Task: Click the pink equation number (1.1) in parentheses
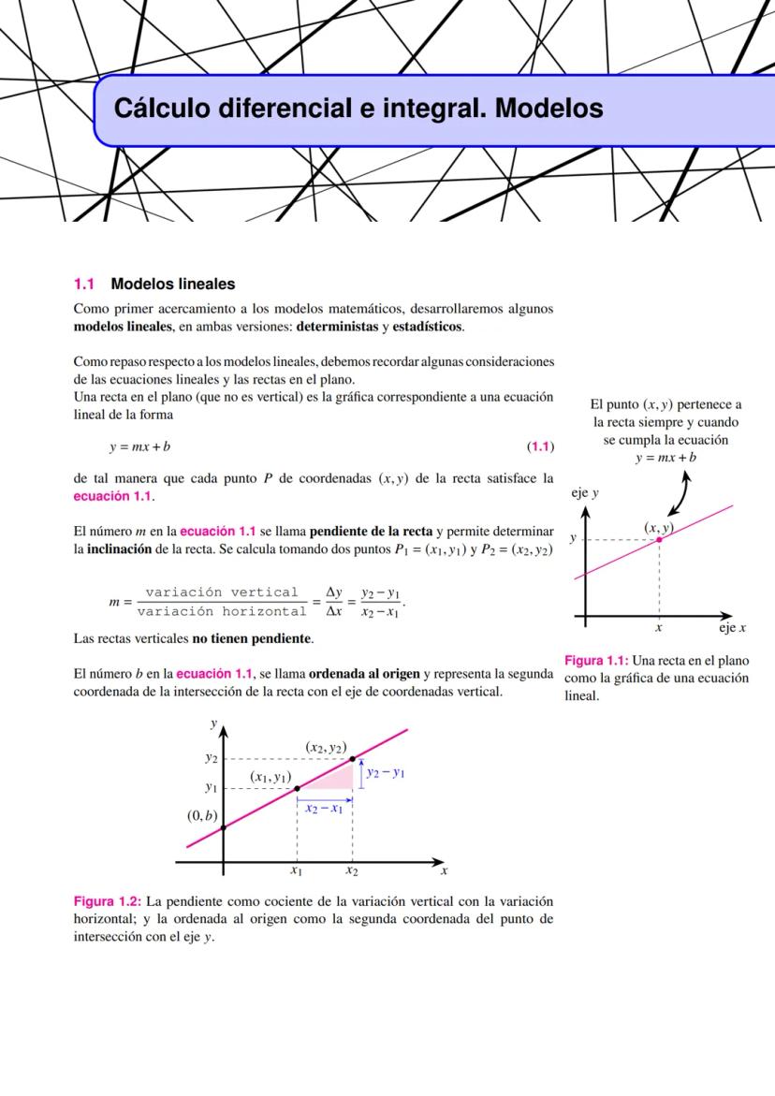point(540,446)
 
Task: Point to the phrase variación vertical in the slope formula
point(222,592)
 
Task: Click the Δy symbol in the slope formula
point(333,592)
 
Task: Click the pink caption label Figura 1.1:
point(596,662)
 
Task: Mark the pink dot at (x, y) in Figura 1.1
point(660,539)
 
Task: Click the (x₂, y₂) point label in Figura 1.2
point(328,746)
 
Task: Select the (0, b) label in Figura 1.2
point(202,815)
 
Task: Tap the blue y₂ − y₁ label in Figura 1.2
point(385,773)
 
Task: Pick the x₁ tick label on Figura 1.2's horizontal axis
point(296,870)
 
